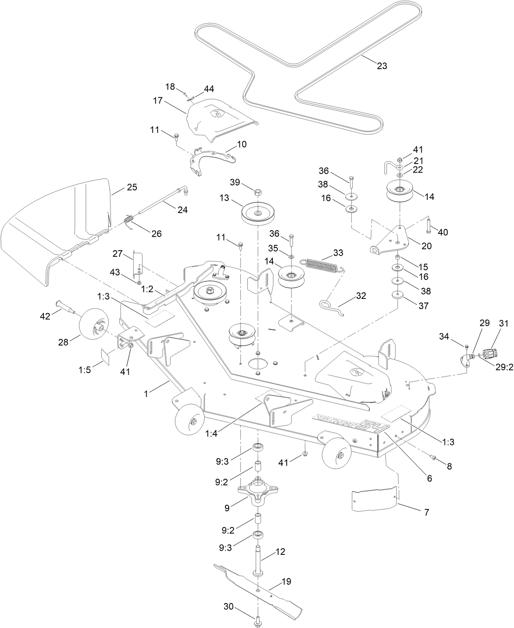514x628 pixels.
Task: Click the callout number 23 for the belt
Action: coord(382,66)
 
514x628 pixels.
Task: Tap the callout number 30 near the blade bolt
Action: coord(228,606)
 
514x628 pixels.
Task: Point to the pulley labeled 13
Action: coord(258,214)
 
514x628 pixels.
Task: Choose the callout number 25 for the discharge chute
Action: coord(132,187)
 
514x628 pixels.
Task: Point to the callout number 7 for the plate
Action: coord(426,511)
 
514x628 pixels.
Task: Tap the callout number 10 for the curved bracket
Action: coord(242,144)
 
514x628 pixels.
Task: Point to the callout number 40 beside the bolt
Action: coord(442,232)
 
